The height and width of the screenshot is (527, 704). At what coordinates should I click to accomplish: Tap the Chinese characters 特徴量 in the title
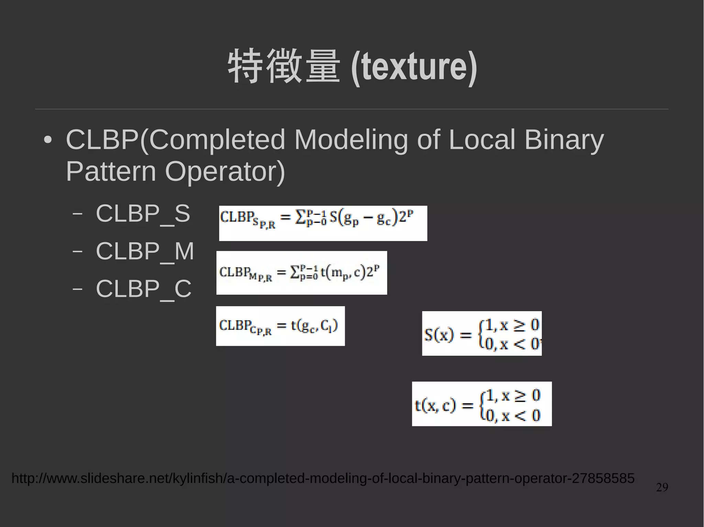tap(284, 66)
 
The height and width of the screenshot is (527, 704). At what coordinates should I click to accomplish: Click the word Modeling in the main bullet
tap(351, 140)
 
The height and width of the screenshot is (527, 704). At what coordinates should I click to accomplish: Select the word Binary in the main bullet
tap(564, 140)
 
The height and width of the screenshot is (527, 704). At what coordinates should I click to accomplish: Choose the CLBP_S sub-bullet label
tap(143, 214)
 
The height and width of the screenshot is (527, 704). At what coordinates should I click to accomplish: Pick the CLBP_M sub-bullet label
tap(145, 251)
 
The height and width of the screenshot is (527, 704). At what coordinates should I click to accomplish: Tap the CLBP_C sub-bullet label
tap(143, 289)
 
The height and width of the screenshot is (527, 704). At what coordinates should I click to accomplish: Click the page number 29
tap(662, 487)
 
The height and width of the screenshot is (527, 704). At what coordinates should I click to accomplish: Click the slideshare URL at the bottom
tap(323, 478)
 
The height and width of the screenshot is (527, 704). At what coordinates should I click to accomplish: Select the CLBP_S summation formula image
tap(323, 223)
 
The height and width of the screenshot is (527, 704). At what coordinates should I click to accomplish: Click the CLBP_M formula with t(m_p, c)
tap(301, 273)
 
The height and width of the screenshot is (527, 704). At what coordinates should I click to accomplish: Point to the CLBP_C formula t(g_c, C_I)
tap(280, 326)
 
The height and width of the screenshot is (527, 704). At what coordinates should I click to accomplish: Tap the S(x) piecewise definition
tap(482, 333)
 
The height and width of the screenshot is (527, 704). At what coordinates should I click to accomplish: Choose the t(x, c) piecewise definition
tap(482, 404)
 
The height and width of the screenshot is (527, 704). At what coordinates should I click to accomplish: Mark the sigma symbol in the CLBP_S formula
tap(300, 217)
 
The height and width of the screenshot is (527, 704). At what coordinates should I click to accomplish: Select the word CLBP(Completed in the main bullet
tap(175, 140)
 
